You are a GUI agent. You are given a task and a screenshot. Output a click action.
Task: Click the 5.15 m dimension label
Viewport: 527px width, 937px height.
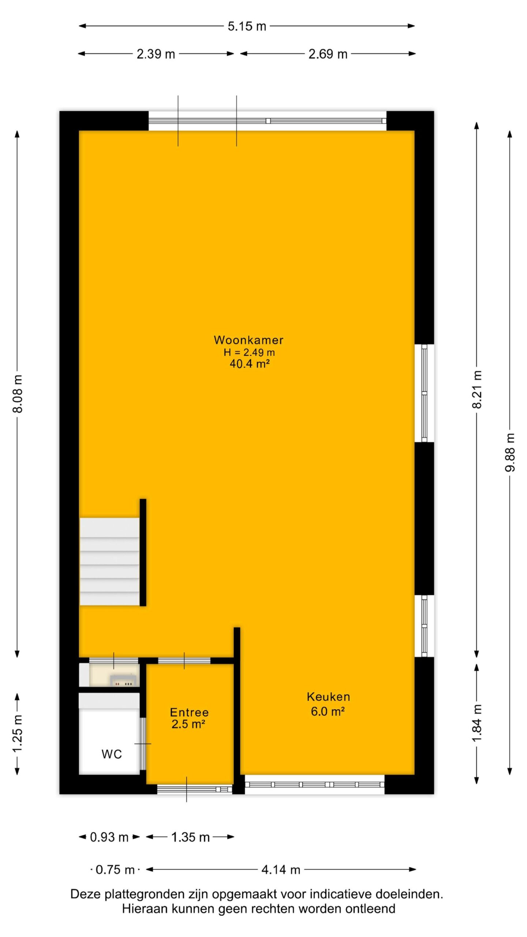tap(247, 26)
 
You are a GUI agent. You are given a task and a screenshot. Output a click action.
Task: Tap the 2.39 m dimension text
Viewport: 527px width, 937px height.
tap(156, 54)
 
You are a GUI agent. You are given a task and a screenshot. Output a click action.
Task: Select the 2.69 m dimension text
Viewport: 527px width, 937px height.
tap(328, 54)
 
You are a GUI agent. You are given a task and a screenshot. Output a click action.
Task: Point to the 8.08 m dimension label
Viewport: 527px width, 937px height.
tap(18, 393)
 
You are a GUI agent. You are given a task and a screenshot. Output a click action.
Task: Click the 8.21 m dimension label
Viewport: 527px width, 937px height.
tap(477, 389)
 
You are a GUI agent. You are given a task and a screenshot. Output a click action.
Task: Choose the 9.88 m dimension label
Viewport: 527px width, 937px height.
tap(510, 452)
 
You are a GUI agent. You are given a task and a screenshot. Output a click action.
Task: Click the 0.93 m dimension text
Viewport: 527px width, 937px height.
tap(109, 837)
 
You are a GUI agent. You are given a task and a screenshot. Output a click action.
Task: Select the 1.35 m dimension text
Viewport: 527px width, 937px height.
tap(190, 837)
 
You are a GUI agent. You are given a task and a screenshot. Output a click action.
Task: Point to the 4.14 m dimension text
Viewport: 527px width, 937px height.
tap(281, 869)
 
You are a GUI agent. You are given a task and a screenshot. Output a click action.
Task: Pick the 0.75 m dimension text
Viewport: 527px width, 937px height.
tap(115, 869)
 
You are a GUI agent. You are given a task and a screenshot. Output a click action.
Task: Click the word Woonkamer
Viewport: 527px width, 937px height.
tap(248, 340)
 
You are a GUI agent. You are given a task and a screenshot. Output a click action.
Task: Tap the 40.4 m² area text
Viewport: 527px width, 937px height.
tap(250, 364)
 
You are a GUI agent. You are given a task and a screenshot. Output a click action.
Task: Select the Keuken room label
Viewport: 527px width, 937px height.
tap(328, 697)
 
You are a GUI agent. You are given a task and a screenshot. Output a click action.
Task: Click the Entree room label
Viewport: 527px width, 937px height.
tap(189, 712)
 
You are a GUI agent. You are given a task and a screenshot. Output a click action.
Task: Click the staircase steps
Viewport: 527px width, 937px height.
tap(109, 561)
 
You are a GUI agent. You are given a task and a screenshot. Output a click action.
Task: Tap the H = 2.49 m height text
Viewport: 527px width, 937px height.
tap(249, 352)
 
